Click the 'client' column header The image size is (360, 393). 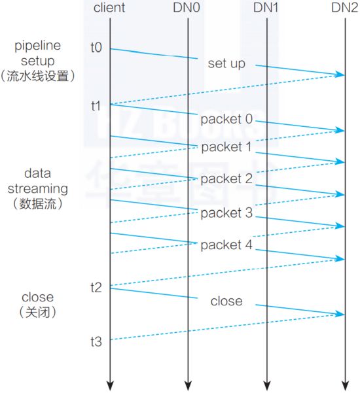point(109,7)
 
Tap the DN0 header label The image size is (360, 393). point(187,7)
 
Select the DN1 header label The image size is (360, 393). point(266,7)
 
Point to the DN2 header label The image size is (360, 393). point(345,7)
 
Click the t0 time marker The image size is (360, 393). point(96,47)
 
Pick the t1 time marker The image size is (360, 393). point(96,106)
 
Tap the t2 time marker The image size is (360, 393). point(96,288)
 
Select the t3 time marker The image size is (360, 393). point(96,341)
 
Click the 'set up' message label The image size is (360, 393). point(226,63)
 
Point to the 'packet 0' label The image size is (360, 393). point(226,119)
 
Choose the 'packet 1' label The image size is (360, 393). point(226,147)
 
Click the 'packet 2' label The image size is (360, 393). point(226,179)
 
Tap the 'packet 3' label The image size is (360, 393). point(226,213)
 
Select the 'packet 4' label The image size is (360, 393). point(226,245)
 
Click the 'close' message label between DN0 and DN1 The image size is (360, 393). point(226,301)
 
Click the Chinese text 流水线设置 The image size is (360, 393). point(37,76)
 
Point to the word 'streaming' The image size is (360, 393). point(37,189)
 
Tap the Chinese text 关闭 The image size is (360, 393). point(37,313)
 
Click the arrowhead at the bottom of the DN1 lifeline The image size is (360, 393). point(266,386)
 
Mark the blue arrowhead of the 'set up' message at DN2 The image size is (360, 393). point(340,74)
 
